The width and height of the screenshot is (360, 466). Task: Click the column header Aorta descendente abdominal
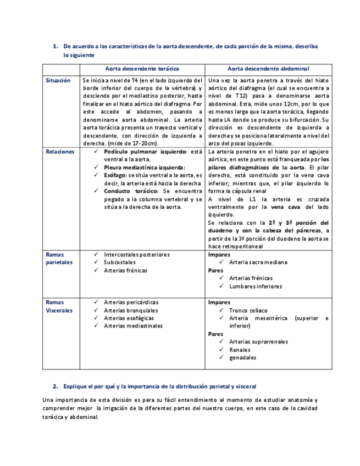point(268,69)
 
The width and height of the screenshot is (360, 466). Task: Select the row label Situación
point(58,80)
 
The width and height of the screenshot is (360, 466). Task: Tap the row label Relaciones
point(60,152)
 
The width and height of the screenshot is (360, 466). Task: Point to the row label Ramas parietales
point(59,258)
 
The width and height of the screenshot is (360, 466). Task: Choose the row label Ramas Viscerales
point(59,306)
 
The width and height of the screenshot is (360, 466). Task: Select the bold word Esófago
point(115,175)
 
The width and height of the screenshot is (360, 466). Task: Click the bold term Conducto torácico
point(131,191)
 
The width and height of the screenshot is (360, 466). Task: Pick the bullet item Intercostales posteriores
point(136,254)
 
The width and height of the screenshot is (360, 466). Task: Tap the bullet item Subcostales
point(120,263)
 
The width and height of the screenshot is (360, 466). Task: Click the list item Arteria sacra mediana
point(258,263)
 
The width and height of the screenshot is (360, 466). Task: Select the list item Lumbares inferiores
point(255,286)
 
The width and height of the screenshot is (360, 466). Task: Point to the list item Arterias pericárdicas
point(131,302)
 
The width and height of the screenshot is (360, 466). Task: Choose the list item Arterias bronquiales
point(130,310)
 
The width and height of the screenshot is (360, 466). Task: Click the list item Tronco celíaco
point(248,310)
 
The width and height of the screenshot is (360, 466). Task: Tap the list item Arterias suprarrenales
point(258,342)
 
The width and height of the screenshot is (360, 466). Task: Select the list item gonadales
point(242,358)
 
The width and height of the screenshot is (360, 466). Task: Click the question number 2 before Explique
point(56,386)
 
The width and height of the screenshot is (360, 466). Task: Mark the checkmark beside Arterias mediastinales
point(96,326)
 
